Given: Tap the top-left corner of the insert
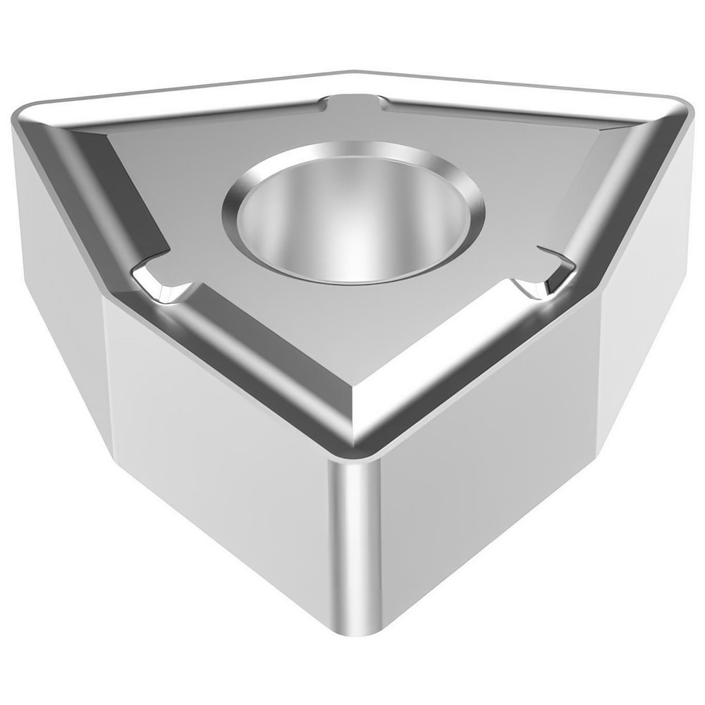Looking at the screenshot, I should (32, 116).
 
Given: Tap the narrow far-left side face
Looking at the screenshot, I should (56, 254).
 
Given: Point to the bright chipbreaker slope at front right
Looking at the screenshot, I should (451, 352).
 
